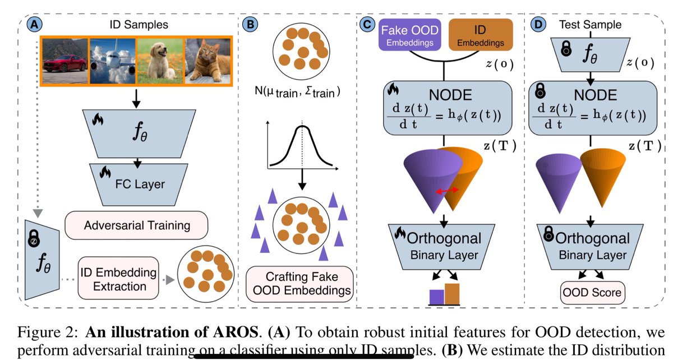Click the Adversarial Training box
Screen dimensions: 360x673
pyautogui.click(x=137, y=226)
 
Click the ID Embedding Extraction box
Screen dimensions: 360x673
pyautogui.click(x=118, y=279)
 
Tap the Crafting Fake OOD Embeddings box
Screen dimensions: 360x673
pyautogui.click(x=299, y=284)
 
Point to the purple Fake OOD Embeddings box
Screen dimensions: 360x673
pyautogui.click(x=410, y=35)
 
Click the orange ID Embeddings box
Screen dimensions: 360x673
pyautogui.click(x=481, y=35)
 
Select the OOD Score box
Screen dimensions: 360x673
pyautogui.click(x=592, y=292)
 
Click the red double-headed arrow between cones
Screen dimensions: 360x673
pyautogui.click(x=448, y=191)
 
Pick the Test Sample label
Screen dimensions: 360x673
pyautogui.click(x=591, y=24)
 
